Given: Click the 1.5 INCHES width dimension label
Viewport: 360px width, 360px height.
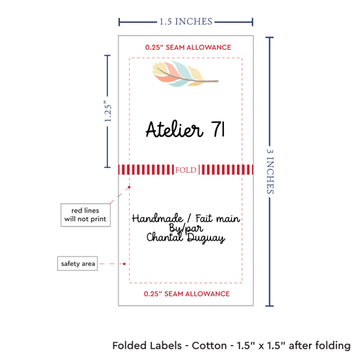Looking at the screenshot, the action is (x=186, y=22).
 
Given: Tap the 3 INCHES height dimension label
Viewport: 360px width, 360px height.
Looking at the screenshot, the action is (x=270, y=171).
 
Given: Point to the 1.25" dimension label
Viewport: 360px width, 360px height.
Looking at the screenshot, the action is (x=108, y=111).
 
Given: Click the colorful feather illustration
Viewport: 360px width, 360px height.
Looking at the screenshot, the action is (x=185, y=74).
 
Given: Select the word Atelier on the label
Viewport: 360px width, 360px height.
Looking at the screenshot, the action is (x=175, y=129).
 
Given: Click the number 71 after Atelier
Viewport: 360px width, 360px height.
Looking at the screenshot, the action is (x=218, y=129).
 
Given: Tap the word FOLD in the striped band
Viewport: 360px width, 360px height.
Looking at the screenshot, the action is (x=186, y=170).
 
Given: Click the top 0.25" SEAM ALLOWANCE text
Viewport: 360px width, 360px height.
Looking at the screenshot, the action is (x=188, y=47).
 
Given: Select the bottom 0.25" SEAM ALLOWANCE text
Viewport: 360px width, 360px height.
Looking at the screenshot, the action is (x=187, y=294).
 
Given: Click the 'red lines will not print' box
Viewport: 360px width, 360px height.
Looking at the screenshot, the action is (x=85, y=215).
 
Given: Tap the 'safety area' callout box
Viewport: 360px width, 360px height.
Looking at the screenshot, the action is (x=78, y=263).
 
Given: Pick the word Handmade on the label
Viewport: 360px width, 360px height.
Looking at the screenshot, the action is (x=158, y=219).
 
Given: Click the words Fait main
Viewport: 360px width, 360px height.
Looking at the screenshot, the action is (x=218, y=219).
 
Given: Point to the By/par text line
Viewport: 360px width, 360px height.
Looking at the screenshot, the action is (x=186, y=228).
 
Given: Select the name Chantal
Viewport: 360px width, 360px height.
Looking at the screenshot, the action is (x=165, y=237).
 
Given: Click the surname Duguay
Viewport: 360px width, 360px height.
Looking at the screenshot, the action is (x=206, y=238).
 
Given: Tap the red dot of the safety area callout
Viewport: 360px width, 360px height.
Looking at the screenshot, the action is (x=124, y=264).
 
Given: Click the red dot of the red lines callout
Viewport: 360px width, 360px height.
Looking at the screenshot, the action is (x=129, y=187).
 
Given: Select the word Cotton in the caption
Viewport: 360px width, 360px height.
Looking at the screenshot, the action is (x=209, y=346).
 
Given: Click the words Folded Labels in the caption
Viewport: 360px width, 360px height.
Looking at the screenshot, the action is (x=147, y=346).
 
